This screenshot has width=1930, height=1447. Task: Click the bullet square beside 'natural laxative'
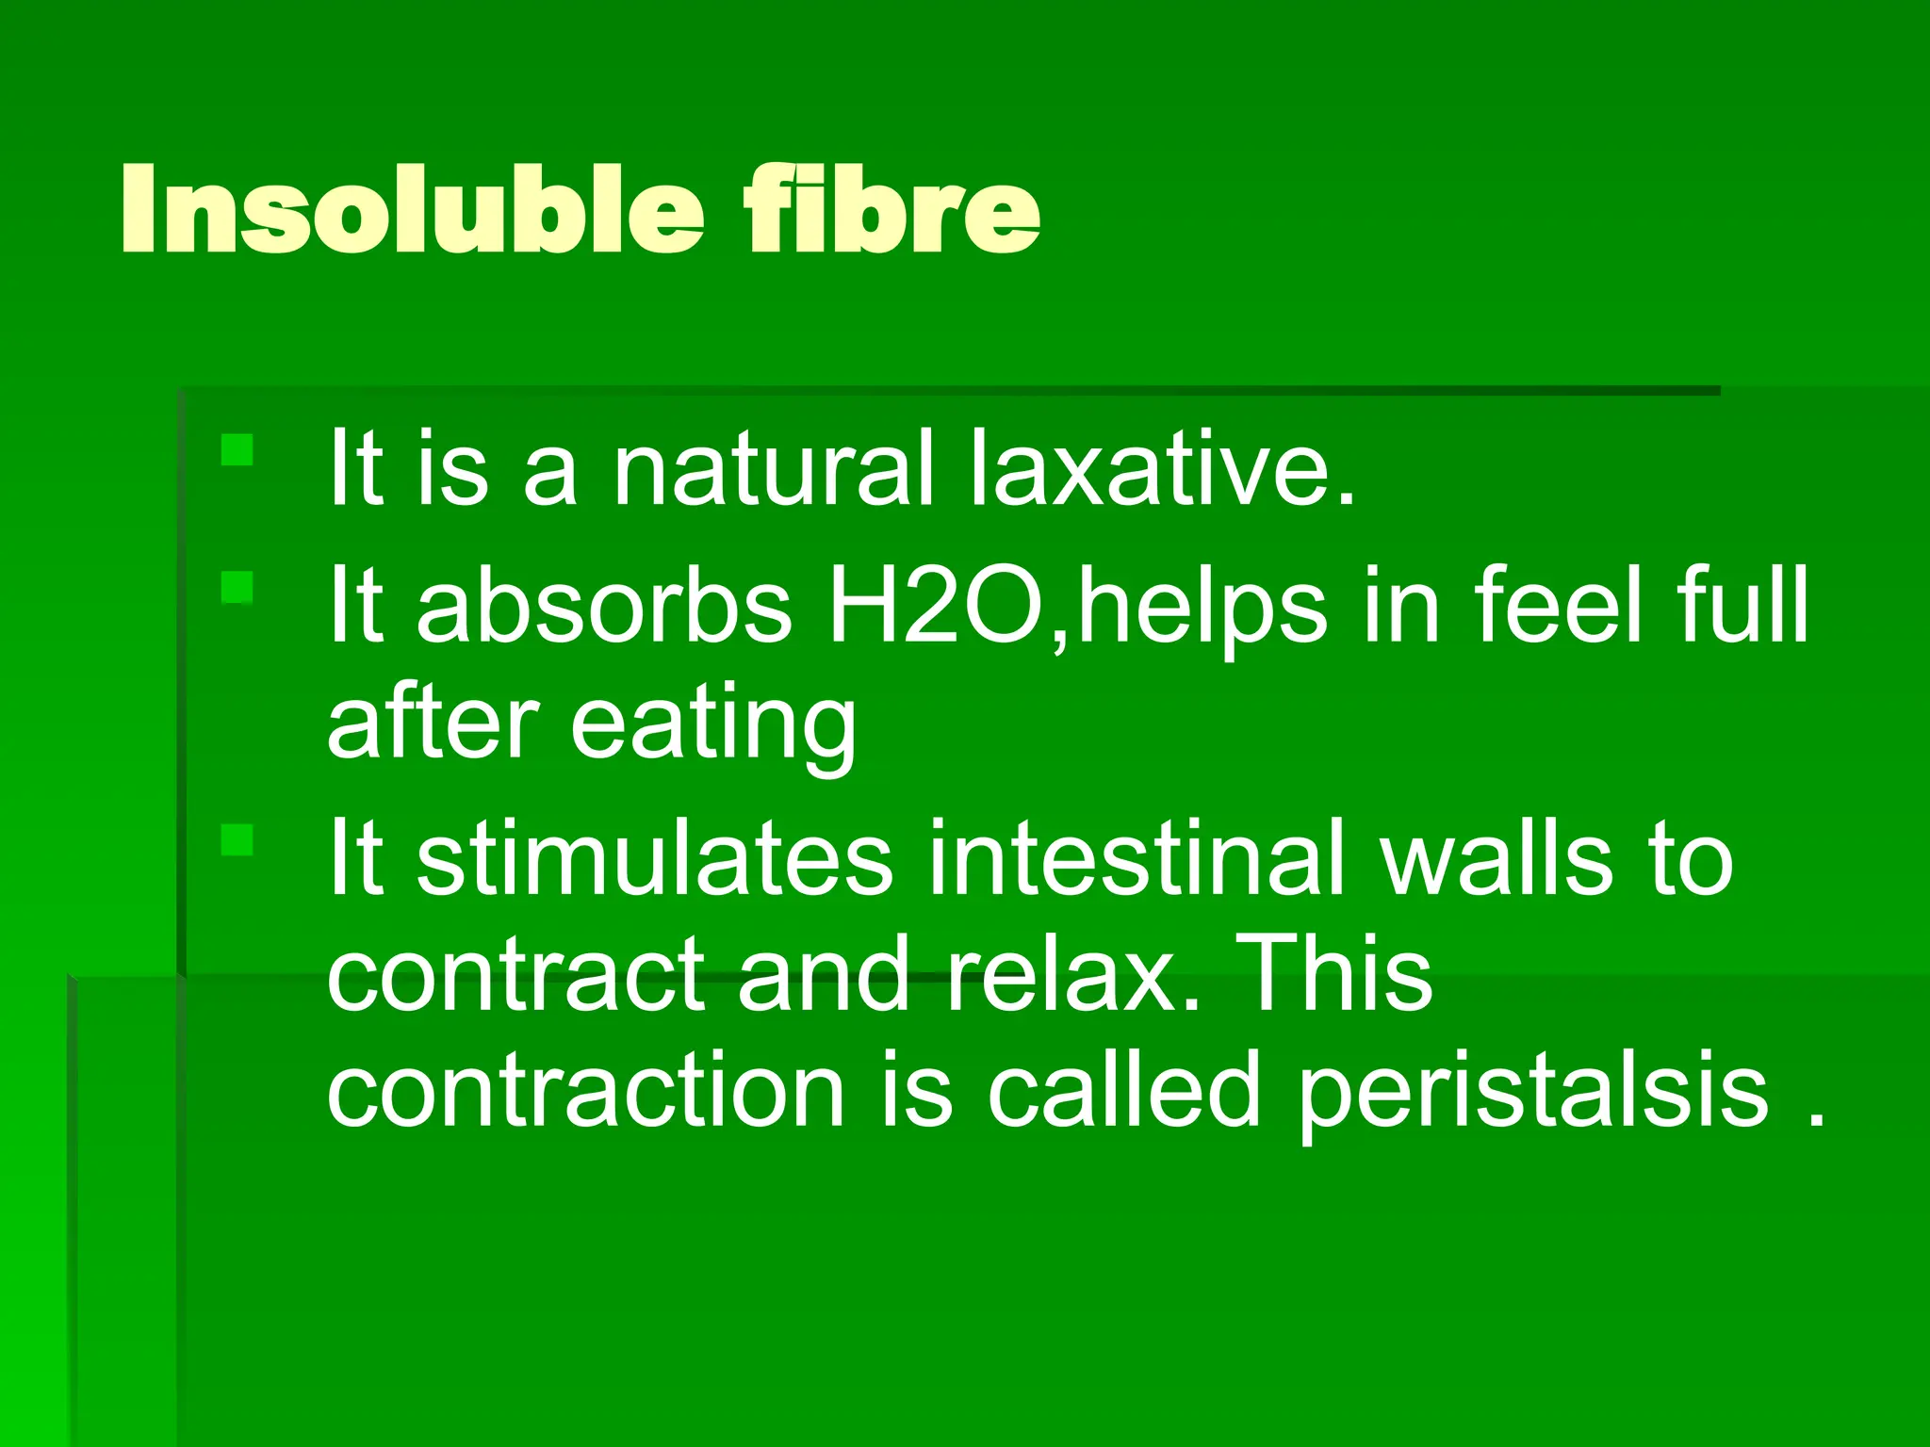pos(237,449)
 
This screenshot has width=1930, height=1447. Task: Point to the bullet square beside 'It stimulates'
pos(237,839)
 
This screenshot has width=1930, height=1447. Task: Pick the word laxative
pos(1161,468)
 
